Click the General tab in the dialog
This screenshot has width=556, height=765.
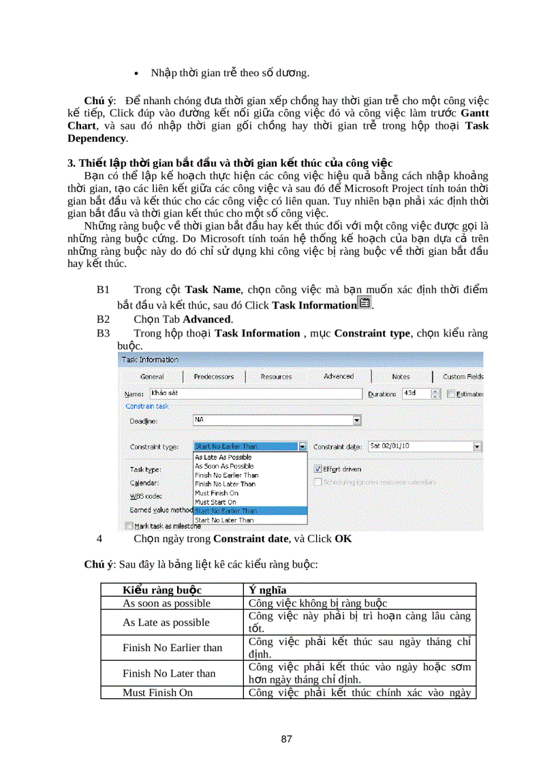pos(151,376)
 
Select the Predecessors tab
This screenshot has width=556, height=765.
pos(213,376)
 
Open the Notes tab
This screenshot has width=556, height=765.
pos(401,376)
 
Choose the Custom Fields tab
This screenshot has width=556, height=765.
pos(463,376)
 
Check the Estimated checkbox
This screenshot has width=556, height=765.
pos(451,394)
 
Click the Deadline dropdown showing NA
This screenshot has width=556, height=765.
pos(277,420)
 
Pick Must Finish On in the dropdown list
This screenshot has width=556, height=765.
pos(217,493)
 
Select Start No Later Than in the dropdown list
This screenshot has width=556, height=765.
pos(224,520)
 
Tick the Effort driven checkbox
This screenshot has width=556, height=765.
pos(318,469)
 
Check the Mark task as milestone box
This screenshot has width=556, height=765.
pos(129,525)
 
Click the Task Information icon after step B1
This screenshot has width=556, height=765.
pos(365,304)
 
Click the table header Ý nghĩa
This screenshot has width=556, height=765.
pos(267,590)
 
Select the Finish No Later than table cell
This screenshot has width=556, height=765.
pos(168,673)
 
